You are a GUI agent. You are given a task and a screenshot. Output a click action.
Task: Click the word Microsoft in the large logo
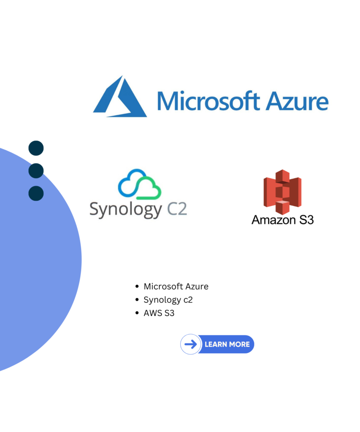(x=208, y=101)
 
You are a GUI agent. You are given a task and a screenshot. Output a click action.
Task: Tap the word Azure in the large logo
(x=297, y=101)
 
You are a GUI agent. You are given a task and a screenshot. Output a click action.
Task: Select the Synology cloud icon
(x=139, y=184)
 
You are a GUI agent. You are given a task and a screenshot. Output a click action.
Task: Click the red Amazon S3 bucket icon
(x=282, y=192)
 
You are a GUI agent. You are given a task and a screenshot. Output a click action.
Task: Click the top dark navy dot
(x=36, y=148)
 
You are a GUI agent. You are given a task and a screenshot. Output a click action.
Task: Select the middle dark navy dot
(x=36, y=171)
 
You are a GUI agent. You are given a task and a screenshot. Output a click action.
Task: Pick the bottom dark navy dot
(x=36, y=193)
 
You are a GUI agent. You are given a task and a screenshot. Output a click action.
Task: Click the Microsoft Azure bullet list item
(x=176, y=286)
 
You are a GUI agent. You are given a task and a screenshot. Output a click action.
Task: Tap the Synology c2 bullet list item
(x=168, y=300)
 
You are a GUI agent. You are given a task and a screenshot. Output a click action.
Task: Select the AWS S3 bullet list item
(x=159, y=313)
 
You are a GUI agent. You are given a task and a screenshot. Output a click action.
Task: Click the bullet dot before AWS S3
(x=137, y=313)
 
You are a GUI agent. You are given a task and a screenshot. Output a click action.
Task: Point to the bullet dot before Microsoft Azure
(x=137, y=286)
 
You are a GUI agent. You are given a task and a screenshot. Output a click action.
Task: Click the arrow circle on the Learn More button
(x=191, y=344)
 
